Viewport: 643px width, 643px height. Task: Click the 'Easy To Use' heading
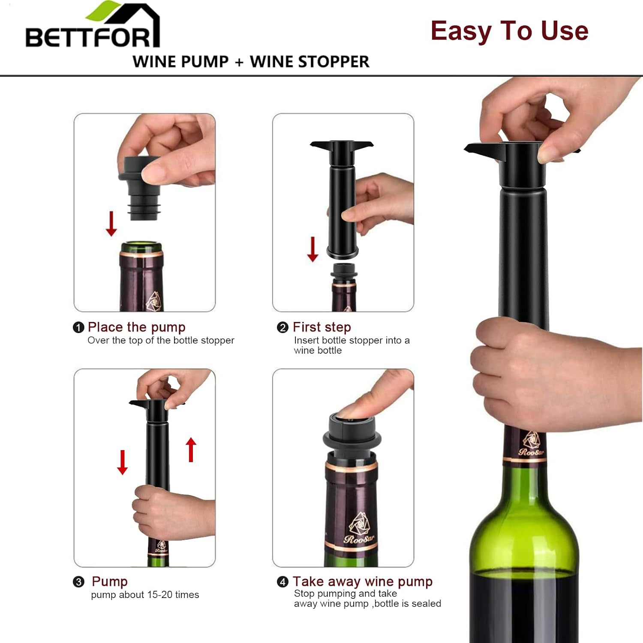point(509,31)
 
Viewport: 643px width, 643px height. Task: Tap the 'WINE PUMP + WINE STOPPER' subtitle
point(251,62)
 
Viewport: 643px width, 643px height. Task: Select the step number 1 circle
point(78,328)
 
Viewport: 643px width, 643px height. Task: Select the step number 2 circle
point(282,328)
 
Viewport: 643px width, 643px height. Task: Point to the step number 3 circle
point(78,582)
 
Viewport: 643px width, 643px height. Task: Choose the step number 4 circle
point(282,582)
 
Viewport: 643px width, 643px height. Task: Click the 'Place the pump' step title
point(136,327)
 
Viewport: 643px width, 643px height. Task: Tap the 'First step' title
point(321,327)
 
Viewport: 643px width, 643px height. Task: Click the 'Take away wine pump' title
point(362,582)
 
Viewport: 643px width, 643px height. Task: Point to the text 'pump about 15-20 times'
point(145,595)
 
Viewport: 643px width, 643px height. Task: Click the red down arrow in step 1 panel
point(111,223)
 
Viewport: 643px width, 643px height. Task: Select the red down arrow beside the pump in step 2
point(312,249)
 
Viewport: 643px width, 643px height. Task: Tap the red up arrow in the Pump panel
point(191,450)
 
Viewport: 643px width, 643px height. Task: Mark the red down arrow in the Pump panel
point(123,462)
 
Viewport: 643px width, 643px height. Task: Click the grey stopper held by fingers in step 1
point(139,189)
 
